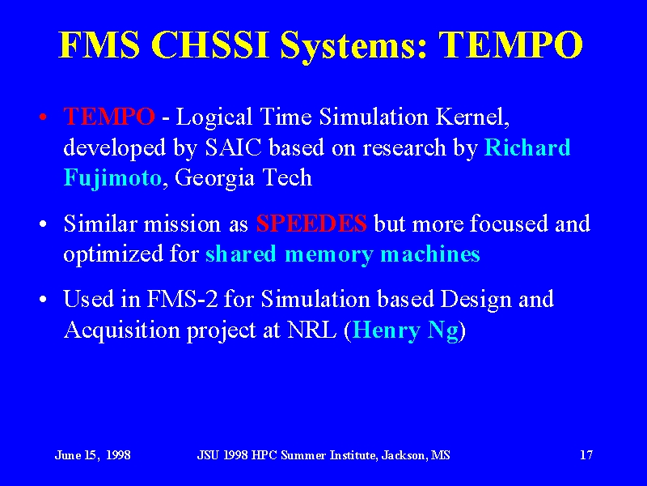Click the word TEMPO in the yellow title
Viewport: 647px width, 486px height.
point(510,45)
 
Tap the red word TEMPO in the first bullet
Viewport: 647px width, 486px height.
point(109,117)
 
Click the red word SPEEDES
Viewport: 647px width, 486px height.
point(311,224)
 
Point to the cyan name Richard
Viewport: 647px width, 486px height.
point(527,147)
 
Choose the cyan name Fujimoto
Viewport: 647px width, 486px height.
point(112,178)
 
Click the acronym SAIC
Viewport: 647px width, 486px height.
point(233,147)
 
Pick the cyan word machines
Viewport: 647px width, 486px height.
point(430,254)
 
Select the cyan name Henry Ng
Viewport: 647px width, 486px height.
point(406,330)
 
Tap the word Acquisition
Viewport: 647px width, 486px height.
point(122,330)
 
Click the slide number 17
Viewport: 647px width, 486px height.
point(586,455)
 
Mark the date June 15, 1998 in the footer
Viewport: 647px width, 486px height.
point(93,455)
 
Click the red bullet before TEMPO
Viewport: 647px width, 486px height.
point(43,117)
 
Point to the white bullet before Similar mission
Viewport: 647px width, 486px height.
point(43,225)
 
